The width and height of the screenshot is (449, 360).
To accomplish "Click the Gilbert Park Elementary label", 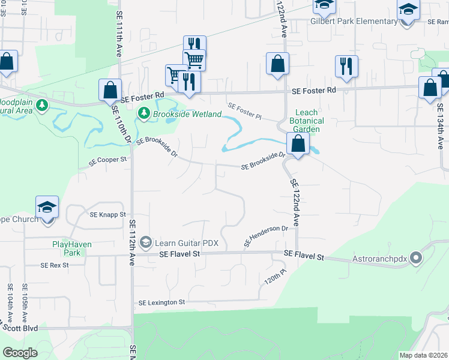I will click(354, 22).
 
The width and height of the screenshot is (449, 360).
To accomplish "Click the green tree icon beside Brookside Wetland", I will click(143, 112).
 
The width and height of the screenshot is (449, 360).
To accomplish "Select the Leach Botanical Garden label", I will click(307, 121).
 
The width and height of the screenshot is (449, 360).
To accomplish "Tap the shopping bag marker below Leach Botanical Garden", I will click(298, 144).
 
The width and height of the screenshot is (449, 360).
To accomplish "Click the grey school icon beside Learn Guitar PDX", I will click(145, 242).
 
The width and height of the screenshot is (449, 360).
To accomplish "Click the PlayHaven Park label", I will click(66, 248).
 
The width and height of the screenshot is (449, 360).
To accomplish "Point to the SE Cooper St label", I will click(109, 161).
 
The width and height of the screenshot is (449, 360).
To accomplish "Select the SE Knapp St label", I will click(107, 214).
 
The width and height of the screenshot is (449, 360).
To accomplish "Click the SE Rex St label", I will click(55, 265).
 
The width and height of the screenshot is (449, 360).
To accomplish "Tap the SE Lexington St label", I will click(161, 303).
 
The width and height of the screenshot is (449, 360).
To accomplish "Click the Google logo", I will click(20, 353).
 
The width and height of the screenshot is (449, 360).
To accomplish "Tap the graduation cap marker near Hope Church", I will click(47, 206).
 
